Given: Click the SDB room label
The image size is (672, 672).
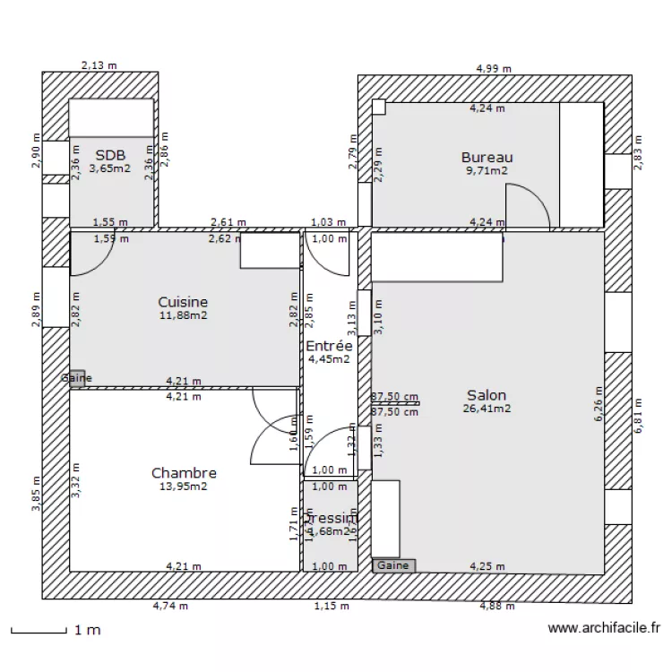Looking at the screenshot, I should pos(110,154).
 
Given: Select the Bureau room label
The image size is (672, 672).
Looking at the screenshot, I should pos(487,158).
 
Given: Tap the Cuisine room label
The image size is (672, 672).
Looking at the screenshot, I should pos(183,303).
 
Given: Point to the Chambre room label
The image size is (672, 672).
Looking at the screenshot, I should pos(184,473).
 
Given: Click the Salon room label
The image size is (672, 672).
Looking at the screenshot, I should pos(487,395).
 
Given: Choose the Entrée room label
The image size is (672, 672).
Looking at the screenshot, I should pos(328,347).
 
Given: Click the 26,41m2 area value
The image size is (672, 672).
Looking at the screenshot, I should pos(487,409).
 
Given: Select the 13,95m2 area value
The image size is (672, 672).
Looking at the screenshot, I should pos(184,487).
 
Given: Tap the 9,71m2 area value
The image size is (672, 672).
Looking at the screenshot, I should pos(487,170).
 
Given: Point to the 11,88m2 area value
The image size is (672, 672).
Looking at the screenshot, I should pos(183,315).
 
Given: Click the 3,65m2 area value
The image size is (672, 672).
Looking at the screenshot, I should pos(110,167).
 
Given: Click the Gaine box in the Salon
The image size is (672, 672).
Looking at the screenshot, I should pos(393,565).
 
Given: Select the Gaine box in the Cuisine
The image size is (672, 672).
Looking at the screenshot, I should pos(76,378).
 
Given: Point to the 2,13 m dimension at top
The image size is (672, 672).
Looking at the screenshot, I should pos(99,65).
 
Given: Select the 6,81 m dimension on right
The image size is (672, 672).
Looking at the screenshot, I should pos(639,417).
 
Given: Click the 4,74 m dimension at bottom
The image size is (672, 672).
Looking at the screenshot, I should pos(170,607).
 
